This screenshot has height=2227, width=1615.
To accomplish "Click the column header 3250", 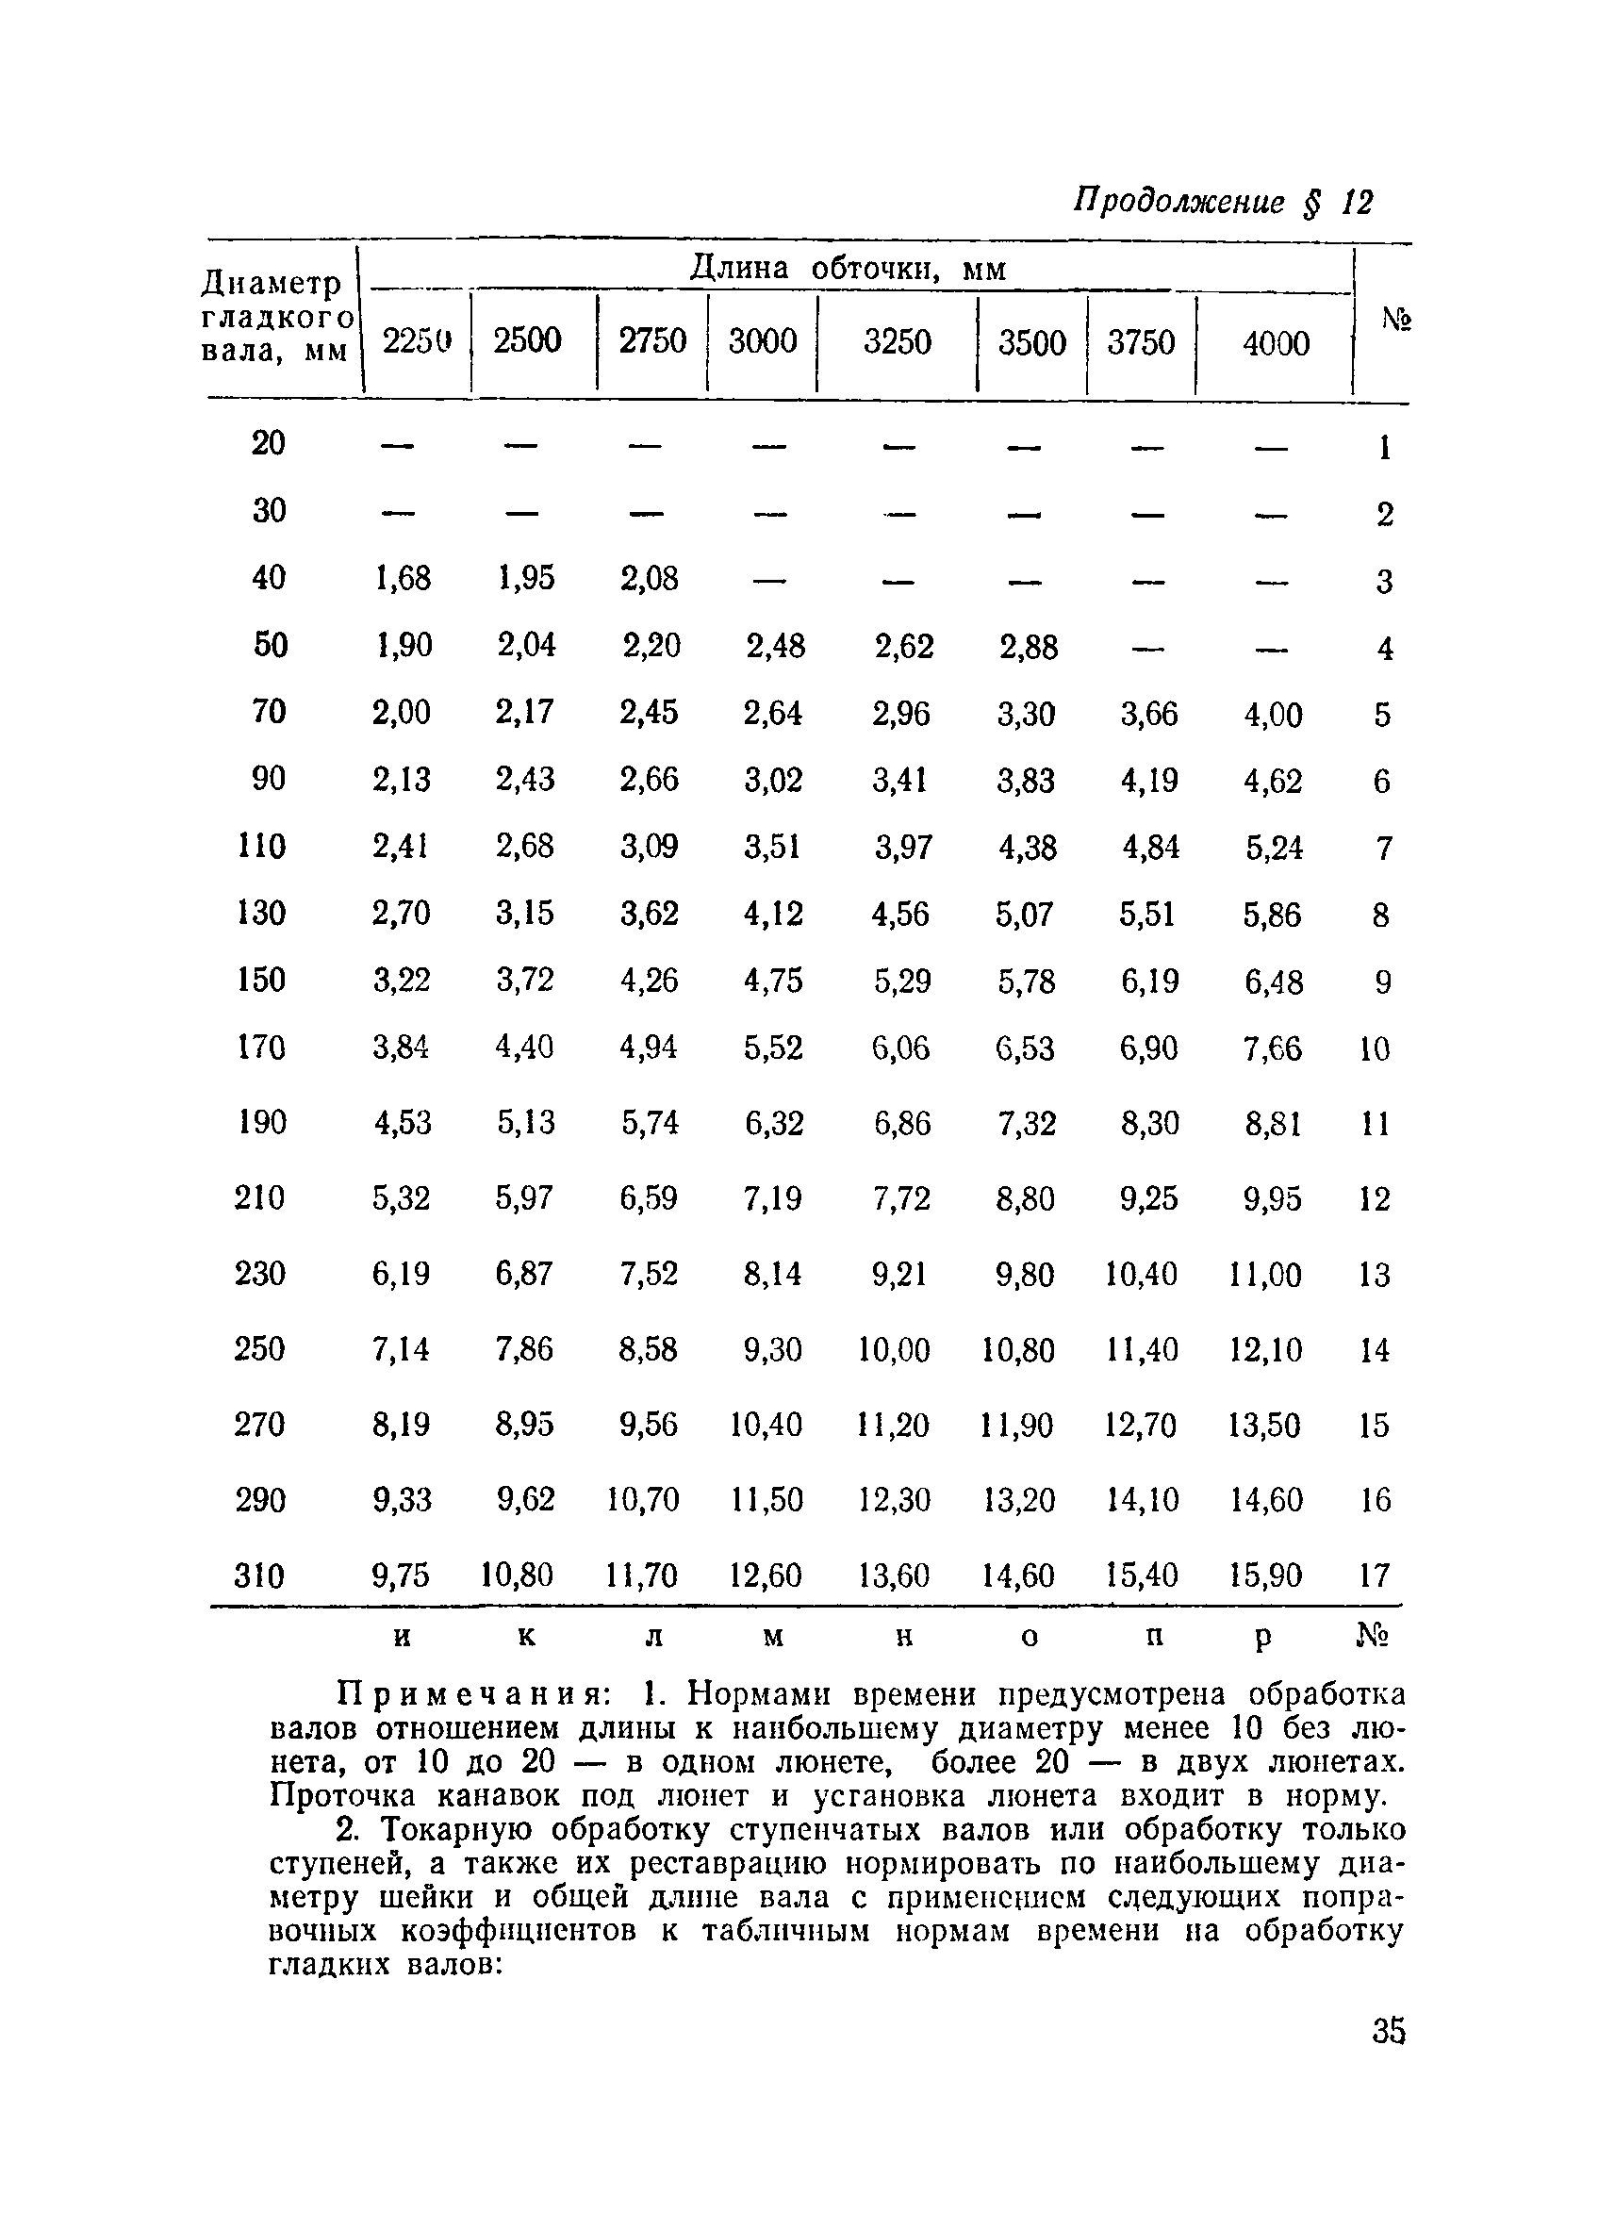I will coord(897,341).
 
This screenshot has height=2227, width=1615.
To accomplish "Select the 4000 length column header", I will coord(1276,344).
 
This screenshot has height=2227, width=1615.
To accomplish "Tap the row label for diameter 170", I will coord(261,1048).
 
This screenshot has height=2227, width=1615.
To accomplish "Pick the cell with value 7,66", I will coord(1273,1048).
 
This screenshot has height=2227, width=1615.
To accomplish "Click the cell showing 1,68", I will coord(403,577).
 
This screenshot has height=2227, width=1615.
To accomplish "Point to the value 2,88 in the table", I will coord(1028,647).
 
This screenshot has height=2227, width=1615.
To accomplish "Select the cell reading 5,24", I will coord(1275,848).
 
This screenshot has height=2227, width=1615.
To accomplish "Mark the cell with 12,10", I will coord(1265,1350).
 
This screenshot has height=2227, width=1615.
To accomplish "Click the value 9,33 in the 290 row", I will coord(402,1499).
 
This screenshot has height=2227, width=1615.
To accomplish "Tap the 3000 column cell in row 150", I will coord(773,981).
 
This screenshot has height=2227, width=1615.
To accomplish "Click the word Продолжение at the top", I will coord(1178,201).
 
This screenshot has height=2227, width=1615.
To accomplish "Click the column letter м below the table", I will coord(774,1637).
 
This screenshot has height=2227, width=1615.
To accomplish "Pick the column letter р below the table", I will coord(1263,1637).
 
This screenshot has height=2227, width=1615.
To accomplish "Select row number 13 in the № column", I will coord(1375,1275).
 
